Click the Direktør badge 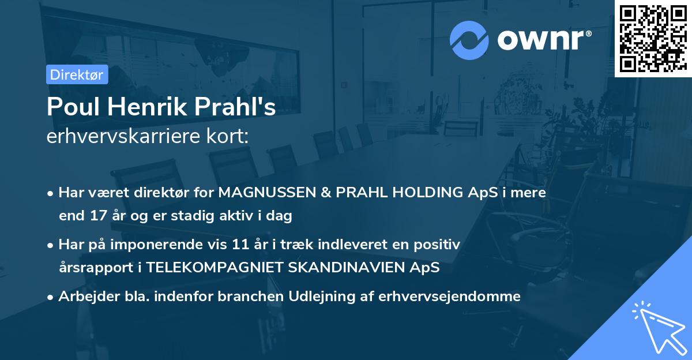(76, 74)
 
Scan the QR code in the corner (653, 38)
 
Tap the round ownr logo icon (469, 40)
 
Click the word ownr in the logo (540, 40)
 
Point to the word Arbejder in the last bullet (84, 297)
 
